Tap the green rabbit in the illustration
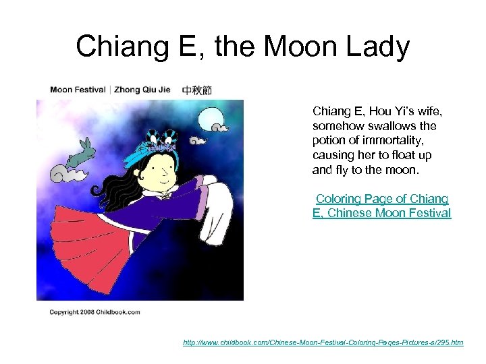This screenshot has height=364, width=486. [78, 155]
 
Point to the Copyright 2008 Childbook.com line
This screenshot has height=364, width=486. [94, 312]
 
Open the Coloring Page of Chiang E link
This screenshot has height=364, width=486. [382, 206]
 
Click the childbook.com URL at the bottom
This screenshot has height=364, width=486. [323, 342]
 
